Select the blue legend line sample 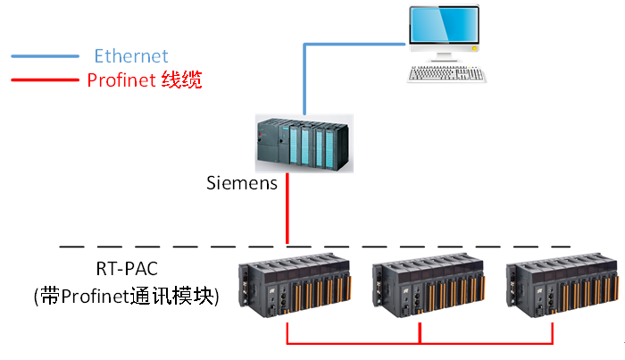click(45, 56)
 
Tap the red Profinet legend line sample click(45, 80)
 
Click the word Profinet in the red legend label click(121, 80)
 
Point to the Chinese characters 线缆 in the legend click(180, 80)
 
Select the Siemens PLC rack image click(299, 143)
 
